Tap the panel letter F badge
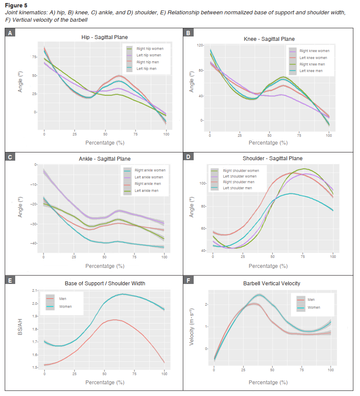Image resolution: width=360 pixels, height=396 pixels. click(x=188, y=280)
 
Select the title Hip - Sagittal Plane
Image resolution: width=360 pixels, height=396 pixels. click(x=105, y=37)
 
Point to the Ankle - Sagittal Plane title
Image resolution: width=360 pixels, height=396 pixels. click(x=105, y=159)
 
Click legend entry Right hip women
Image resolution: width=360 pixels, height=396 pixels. click(x=147, y=49)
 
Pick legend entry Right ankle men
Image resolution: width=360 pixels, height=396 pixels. click(x=148, y=184)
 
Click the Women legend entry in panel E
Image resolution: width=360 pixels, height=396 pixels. click(x=66, y=307)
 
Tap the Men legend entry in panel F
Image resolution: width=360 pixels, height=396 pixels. click(x=311, y=300)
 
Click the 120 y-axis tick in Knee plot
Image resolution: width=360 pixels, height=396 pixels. click(x=200, y=45)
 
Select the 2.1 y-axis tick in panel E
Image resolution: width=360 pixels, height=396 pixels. click(x=35, y=290)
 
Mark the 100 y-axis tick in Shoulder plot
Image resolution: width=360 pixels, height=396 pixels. click(x=202, y=183)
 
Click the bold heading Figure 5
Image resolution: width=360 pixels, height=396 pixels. click(x=16, y=6)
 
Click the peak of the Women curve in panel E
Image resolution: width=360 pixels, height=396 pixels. click(x=123, y=294)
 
